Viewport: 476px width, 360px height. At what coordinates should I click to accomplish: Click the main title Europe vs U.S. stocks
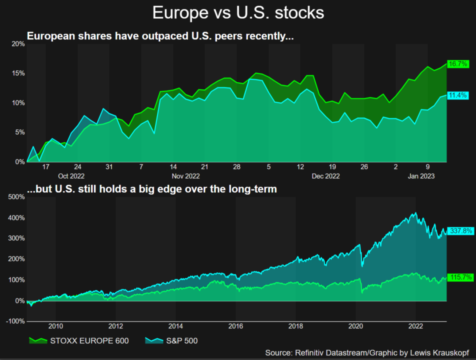pyautogui.click(x=238, y=13)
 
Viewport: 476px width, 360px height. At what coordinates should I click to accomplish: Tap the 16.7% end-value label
pyautogui.click(x=458, y=64)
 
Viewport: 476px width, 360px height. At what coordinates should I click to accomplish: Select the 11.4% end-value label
pyautogui.click(x=458, y=95)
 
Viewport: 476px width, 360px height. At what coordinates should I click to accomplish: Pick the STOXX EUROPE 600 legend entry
pyautogui.click(x=79, y=341)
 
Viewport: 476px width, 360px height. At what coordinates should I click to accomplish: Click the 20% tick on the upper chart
pyautogui.click(x=18, y=44)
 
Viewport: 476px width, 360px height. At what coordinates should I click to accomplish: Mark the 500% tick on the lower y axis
pyautogui.click(x=16, y=197)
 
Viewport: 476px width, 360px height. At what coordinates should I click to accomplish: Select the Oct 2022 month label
pyautogui.click(x=71, y=176)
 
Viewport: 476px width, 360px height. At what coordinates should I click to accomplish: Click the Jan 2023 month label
pyautogui.click(x=421, y=176)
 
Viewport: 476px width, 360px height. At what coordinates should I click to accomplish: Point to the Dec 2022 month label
pyautogui.click(x=325, y=176)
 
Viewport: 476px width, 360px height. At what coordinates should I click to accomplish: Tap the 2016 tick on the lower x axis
pyautogui.click(x=235, y=327)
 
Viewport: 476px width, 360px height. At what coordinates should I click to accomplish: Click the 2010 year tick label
pyautogui.click(x=55, y=327)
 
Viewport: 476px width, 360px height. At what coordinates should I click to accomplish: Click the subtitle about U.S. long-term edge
pyautogui.click(x=152, y=189)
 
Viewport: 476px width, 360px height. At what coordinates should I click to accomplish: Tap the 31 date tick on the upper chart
pyautogui.click(x=109, y=167)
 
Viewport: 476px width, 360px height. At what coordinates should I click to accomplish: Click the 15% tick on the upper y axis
pyautogui.click(x=18, y=73)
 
